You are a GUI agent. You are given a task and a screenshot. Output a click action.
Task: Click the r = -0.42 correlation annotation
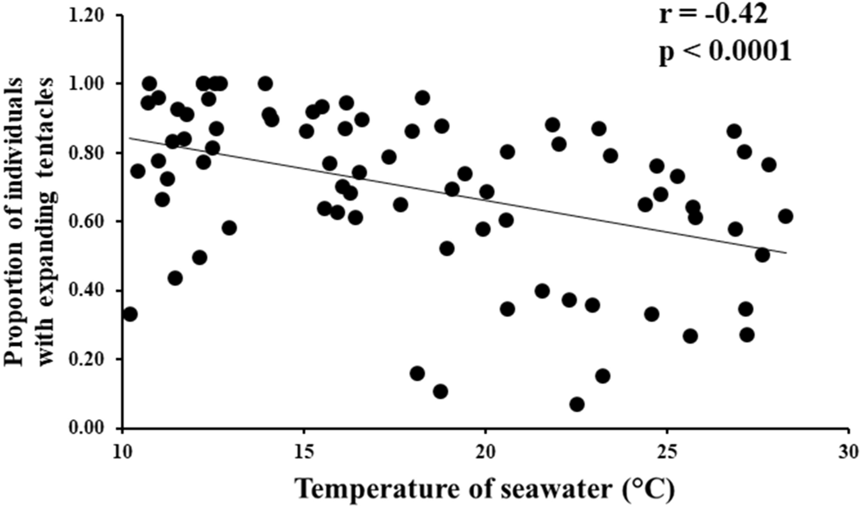[714, 14]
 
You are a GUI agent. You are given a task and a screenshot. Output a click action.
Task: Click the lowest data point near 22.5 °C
[577, 404]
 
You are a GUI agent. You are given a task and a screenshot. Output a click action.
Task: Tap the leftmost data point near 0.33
[130, 314]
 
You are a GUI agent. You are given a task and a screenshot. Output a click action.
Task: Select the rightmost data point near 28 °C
[785, 216]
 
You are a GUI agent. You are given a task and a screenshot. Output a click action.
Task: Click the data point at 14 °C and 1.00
[265, 83]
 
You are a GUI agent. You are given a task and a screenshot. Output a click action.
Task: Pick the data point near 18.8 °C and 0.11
[441, 392]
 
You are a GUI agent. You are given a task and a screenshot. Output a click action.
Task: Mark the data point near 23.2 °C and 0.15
[603, 376]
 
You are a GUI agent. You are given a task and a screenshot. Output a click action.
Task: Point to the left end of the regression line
[129, 137]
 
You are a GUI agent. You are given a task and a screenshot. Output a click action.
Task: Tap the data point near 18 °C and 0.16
[417, 373]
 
